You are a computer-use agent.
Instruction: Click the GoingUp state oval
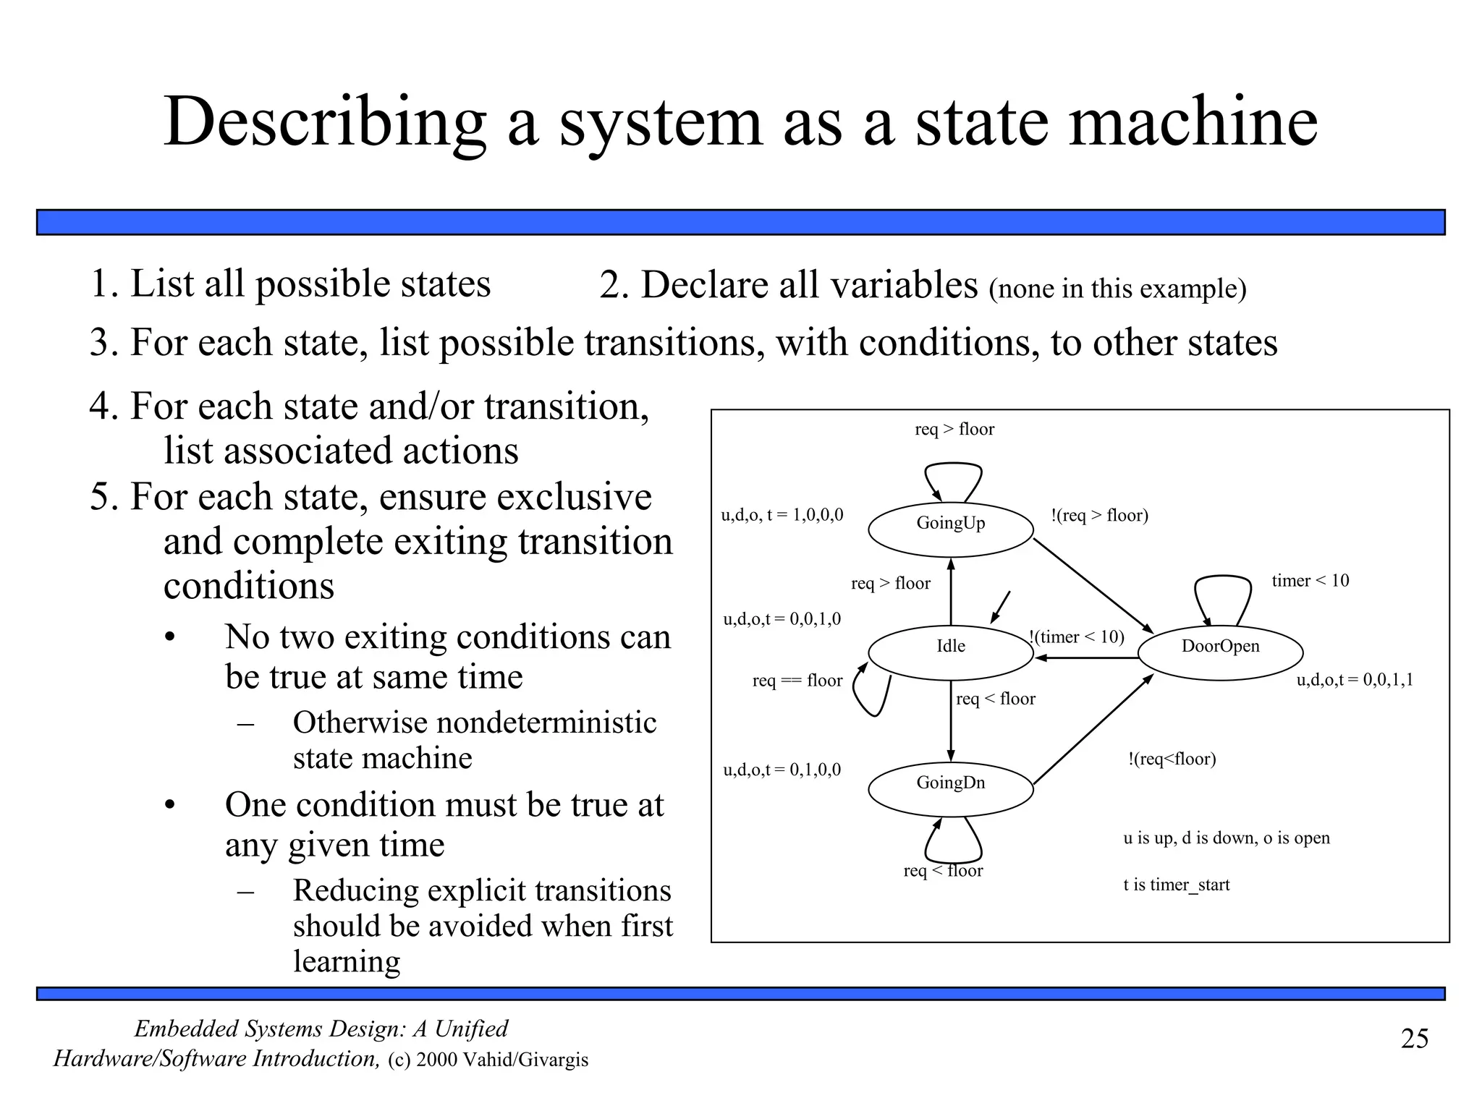pos(950,529)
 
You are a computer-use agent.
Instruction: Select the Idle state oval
pos(950,652)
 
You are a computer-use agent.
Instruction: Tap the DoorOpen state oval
pos(1220,652)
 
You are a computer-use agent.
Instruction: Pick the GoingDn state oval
pos(950,789)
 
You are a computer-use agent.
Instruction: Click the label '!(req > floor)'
pos(1099,516)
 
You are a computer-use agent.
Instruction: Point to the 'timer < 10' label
pos(1310,581)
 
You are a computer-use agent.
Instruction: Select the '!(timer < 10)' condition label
pos(1077,637)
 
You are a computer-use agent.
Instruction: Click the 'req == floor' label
pos(797,681)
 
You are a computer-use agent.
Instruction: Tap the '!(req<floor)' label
pos(1172,759)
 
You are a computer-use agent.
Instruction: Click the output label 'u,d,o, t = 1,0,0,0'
pos(782,516)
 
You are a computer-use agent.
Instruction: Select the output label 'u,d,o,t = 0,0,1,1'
pos(1354,680)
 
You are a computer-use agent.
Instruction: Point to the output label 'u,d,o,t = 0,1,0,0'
pos(782,770)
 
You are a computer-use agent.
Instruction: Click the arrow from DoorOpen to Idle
pos(1085,658)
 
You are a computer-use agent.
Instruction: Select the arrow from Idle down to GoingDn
pos(951,723)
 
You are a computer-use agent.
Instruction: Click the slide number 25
pos(1415,1039)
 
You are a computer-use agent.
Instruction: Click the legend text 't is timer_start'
pos(1176,885)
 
